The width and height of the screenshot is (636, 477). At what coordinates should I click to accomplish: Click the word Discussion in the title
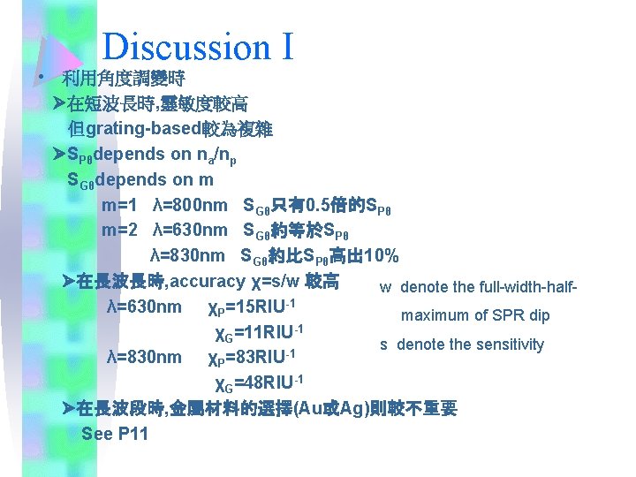(x=185, y=47)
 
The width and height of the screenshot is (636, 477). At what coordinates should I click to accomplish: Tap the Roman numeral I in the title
(x=287, y=47)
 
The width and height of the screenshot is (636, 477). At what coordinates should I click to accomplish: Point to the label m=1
(x=119, y=206)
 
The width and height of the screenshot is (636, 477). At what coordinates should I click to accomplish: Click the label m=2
(x=119, y=231)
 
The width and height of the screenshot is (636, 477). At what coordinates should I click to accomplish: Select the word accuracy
(x=207, y=282)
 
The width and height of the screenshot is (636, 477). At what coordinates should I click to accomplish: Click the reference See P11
(x=114, y=434)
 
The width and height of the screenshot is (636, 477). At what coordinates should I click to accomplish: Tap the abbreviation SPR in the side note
(x=506, y=315)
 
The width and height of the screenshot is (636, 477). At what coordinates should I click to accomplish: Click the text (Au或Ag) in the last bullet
(x=332, y=409)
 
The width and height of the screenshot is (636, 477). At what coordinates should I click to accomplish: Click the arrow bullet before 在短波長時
(x=59, y=104)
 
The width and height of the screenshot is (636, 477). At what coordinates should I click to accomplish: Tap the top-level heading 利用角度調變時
(x=123, y=79)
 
